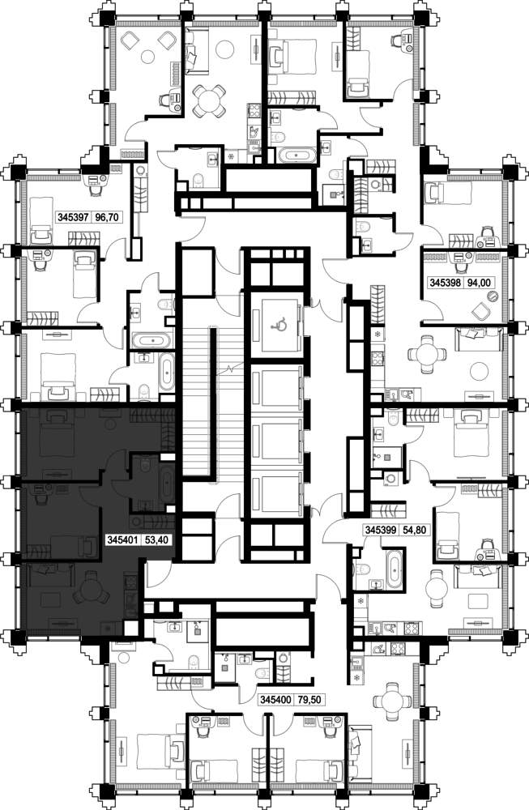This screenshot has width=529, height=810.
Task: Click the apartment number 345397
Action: coord(75,217)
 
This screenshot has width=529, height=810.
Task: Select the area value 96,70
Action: coord(108,217)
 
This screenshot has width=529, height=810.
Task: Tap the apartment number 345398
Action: coord(446,283)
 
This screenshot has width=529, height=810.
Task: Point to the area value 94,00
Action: coord(479,283)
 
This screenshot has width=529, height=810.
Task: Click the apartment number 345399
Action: coord(381,530)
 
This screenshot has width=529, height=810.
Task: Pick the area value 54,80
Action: coord(415,530)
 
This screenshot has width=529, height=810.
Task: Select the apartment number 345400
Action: coord(276,700)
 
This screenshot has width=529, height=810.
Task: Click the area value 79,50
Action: coord(309,700)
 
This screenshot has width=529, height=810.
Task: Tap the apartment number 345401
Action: coord(122,540)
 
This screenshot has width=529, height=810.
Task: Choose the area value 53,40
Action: coord(156,540)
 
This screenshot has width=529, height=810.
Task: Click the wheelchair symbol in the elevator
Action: coord(280,325)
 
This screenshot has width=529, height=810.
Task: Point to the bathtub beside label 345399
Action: coord(395,569)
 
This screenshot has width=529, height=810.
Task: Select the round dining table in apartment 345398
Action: coord(427,355)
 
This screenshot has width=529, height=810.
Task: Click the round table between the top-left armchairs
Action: coord(149,55)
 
